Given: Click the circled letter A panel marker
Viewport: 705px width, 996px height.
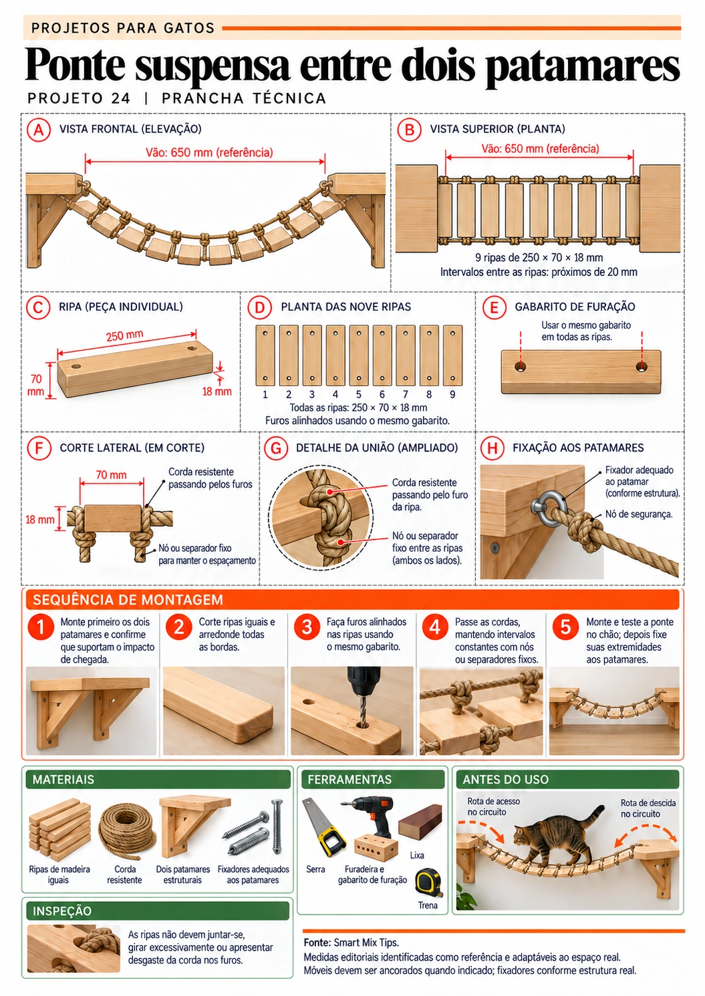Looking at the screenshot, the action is [39, 130].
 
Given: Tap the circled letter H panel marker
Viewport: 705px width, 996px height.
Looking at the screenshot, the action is [492, 448].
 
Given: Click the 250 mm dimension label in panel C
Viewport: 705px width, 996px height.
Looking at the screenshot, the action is [124, 336].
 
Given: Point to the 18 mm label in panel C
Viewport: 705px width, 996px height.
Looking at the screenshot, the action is [217, 391].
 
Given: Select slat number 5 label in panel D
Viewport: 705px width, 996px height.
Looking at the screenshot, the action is [358, 394].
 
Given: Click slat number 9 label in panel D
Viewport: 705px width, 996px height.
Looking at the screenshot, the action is [452, 394].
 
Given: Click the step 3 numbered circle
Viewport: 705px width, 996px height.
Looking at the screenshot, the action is [307, 627].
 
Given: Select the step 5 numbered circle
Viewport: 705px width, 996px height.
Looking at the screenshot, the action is [565, 627].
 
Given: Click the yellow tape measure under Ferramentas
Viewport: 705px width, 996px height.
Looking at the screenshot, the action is [429, 882].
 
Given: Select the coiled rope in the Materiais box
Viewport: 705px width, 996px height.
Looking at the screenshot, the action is [127, 830].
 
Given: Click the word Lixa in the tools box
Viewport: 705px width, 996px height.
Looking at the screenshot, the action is [417, 855].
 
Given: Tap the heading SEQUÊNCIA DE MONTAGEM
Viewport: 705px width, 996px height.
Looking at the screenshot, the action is [128, 599].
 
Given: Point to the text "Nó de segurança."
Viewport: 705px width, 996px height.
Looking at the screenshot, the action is [639, 514].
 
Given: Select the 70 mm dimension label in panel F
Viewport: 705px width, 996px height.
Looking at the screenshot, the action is [111, 475].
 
